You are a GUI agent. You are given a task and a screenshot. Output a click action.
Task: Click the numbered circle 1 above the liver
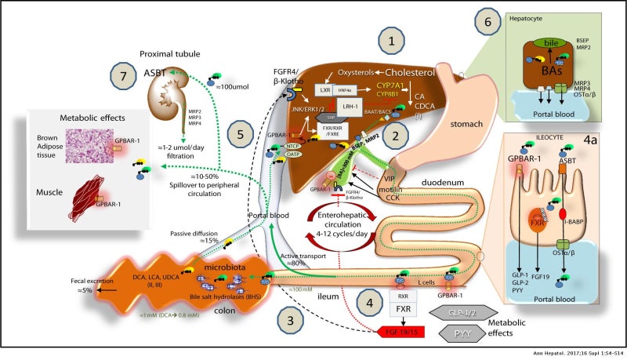[x=391, y=39]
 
